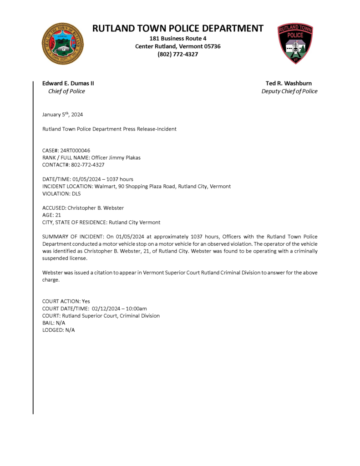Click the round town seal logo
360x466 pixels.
coord(62,44)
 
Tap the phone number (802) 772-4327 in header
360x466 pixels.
coord(178,54)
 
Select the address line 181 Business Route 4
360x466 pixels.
coord(178,39)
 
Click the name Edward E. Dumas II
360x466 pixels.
coord(68,83)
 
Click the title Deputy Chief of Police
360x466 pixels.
coord(289,91)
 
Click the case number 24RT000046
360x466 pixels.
coord(75,150)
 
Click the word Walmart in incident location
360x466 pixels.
coord(105,187)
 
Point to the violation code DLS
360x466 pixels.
coord(76,194)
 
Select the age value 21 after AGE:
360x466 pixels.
coord(58,215)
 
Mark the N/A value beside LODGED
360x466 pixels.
coord(70,330)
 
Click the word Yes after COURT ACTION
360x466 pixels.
coord(86,301)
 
